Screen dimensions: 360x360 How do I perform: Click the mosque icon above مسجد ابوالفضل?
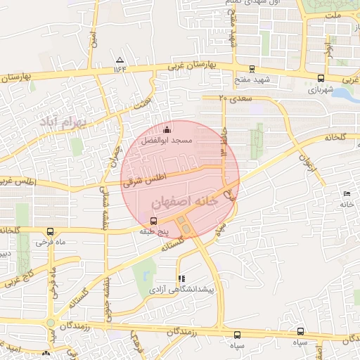pyautogui.click(x=167, y=129)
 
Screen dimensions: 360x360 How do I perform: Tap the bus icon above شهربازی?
pyautogui.click(x=321, y=79)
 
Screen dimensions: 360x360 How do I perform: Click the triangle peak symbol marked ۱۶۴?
pyautogui.click(x=120, y=60)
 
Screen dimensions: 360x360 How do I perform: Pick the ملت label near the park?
pyautogui.click(x=333, y=15)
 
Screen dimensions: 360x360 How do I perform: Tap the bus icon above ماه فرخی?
pyautogui.click(x=49, y=231)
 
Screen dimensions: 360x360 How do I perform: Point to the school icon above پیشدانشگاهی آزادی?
pyautogui.click(x=181, y=278)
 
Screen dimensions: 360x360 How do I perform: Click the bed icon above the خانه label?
pyautogui.click(x=346, y=193)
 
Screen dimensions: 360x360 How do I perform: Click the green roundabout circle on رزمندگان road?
pyautogui.click(x=51, y=323)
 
